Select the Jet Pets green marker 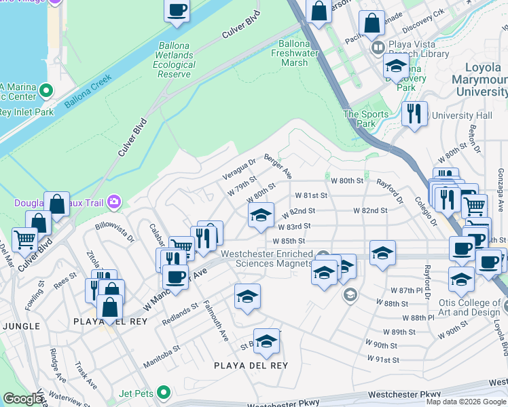point(163,392)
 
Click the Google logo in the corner point(22,399)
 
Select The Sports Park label point(366,119)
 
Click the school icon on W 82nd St point(261,216)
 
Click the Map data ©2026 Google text point(467,402)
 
